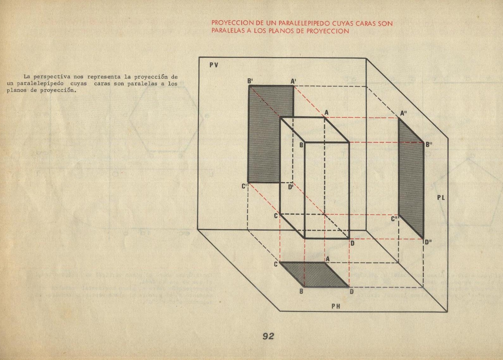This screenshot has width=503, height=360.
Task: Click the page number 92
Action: (x=268, y=336)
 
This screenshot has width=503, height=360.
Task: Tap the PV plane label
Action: (x=214, y=65)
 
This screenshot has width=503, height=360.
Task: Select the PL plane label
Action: (x=441, y=198)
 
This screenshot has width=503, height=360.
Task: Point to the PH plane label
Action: (x=336, y=306)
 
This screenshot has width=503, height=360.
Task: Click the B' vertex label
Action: (x=250, y=81)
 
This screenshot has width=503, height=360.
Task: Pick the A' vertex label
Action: (x=293, y=81)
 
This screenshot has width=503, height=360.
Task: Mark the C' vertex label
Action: (x=245, y=186)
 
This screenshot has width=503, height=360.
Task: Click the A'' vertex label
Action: (x=403, y=113)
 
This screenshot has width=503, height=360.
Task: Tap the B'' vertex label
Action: (x=429, y=145)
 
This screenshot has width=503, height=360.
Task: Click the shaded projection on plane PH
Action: (x=314, y=275)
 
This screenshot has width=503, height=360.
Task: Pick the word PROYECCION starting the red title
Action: (x=228, y=23)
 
